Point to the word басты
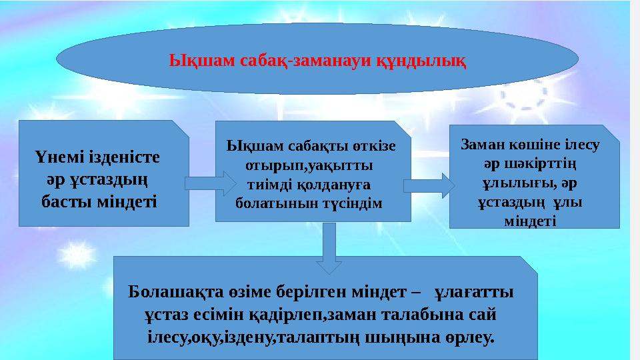click(69, 201)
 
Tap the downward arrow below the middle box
click(329, 248)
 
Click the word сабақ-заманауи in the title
click(319, 61)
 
